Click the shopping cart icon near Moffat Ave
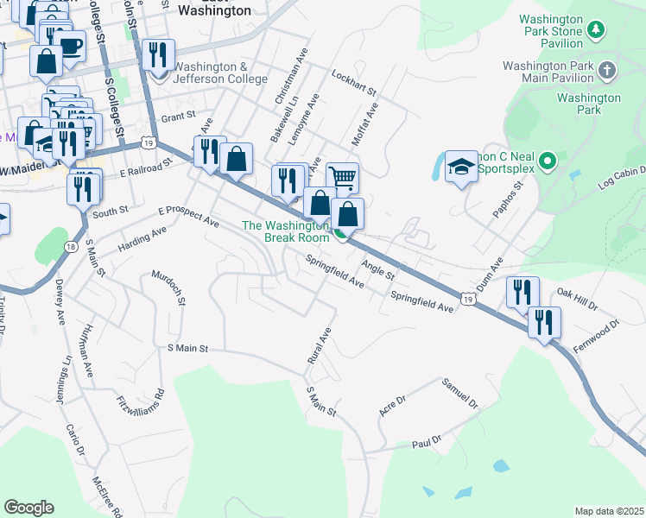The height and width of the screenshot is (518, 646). coord(343,178)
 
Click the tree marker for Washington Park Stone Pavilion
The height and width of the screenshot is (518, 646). coord(595,31)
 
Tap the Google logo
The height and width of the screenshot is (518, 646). coord(28,508)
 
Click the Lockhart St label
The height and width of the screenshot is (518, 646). coord(354,83)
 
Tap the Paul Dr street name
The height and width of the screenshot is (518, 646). coord(427,441)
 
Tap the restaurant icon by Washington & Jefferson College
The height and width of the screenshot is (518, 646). coord(157,55)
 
